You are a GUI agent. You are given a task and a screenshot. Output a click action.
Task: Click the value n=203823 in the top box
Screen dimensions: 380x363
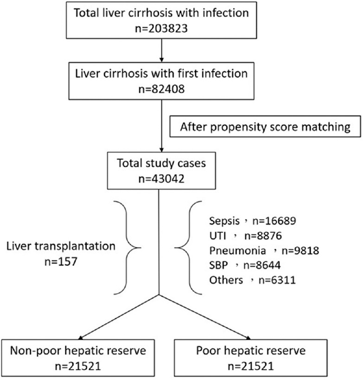click(x=160, y=32)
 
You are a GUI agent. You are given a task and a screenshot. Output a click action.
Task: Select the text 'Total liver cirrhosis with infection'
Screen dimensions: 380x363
click(x=160, y=14)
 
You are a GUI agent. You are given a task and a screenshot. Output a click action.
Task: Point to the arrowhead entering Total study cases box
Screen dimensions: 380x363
click(x=160, y=147)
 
